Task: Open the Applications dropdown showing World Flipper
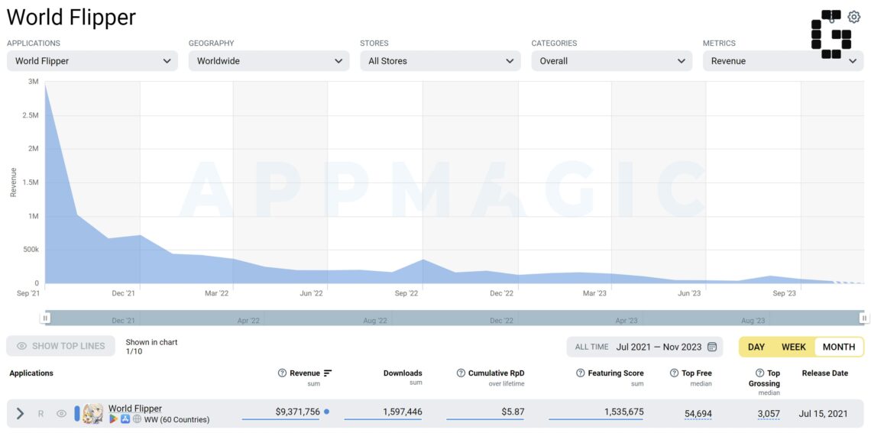(x=92, y=61)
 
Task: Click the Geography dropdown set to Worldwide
(x=269, y=61)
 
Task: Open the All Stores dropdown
(x=440, y=61)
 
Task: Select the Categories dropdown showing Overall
(x=611, y=61)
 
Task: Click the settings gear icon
(x=853, y=18)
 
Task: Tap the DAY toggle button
(x=756, y=347)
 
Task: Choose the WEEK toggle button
(x=793, y=347)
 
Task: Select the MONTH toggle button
(x=839, y=347)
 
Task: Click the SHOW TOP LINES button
(x=60, y=346)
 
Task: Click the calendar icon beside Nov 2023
(x=711, y=347)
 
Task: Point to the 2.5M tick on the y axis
(x=30, y=115)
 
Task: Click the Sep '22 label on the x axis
(x=406, y=293)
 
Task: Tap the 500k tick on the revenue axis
(x=31, y=250)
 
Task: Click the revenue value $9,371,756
(x=298, y=412)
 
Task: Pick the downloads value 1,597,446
(x=402, y=412)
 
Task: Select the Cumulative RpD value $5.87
(x=512, y=412)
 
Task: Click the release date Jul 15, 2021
(x=823, y=413)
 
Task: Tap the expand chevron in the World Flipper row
(x=20, y=414)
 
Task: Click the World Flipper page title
(x=71, y=18)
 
